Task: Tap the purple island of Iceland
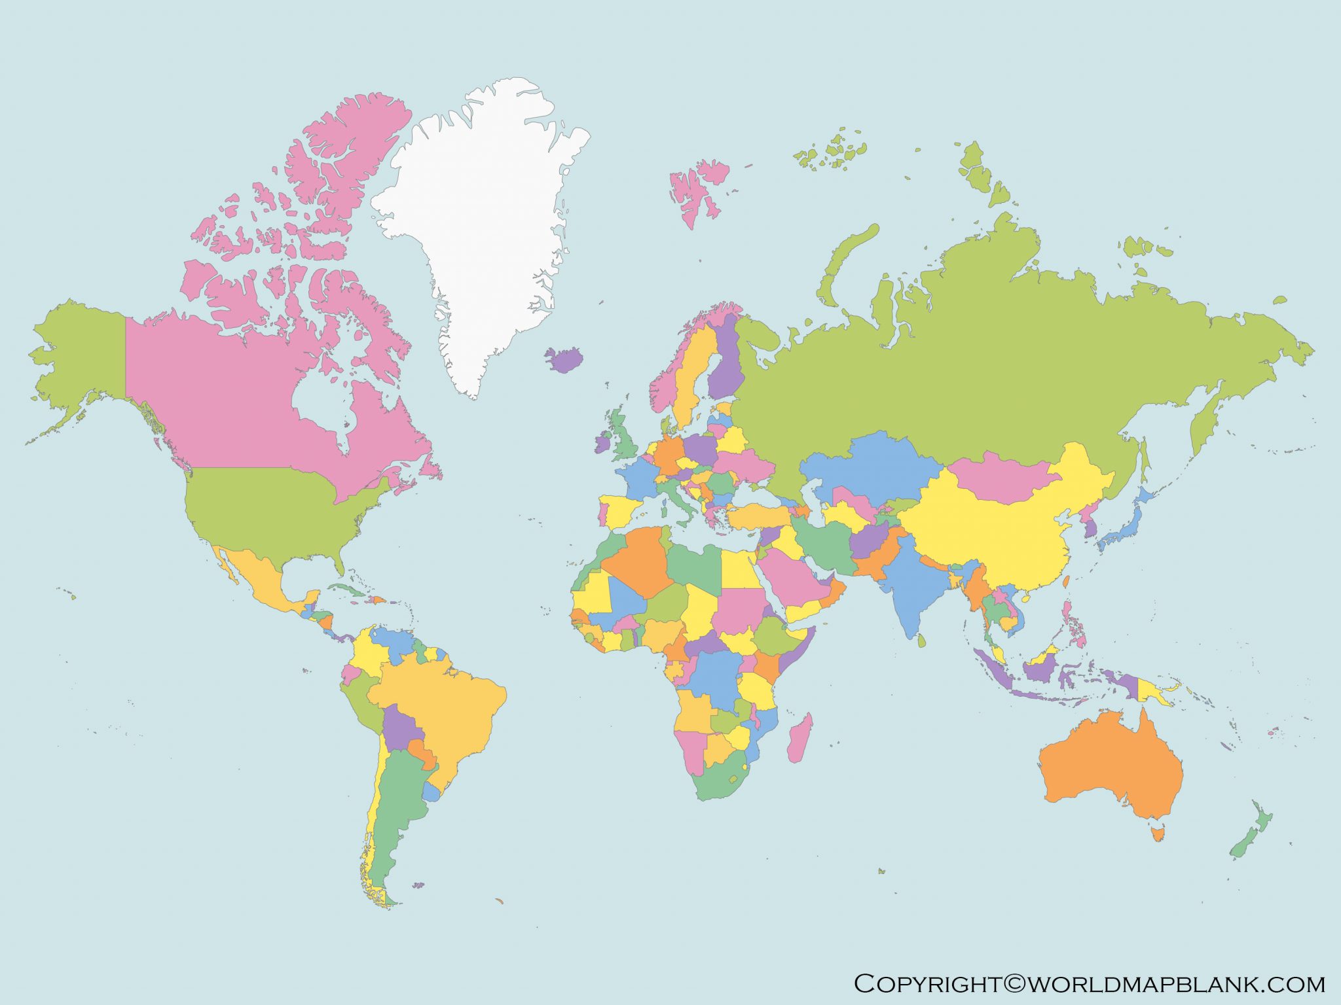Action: point(565,359)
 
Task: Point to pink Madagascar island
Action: point(799,739)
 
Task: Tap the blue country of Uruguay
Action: point(432,792)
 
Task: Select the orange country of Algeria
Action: point(638,563)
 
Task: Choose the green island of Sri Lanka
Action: point(921,641)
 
